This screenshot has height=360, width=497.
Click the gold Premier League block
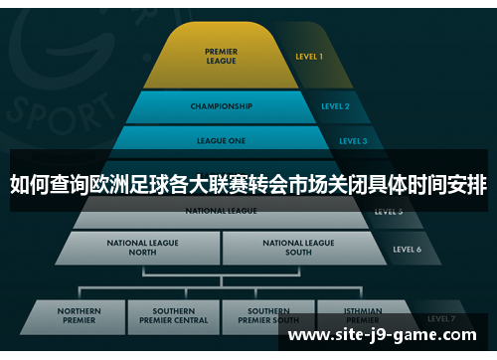(220, 57)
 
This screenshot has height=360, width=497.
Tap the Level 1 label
(308, 57)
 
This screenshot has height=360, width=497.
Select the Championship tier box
(221, 105)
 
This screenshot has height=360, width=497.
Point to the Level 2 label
(335, 105)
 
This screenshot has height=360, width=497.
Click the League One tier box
(221, 140)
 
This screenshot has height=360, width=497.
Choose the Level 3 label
(352, 141)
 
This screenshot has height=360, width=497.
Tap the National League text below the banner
(221, 211)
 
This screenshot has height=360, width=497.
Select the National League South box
(298, 248)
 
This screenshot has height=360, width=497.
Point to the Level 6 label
(408, 249)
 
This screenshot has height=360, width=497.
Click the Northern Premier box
(79, 316)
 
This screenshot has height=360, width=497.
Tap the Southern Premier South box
(268, 316)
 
